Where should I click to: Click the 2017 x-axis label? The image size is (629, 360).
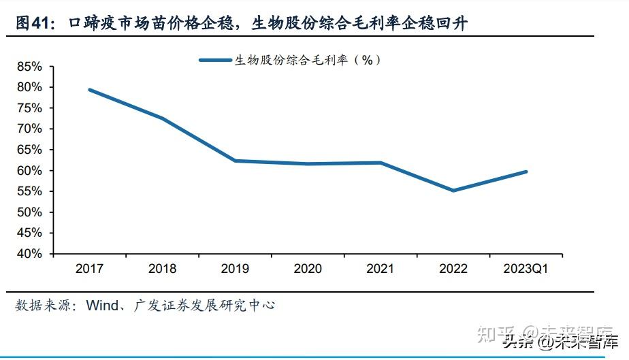point(89,269)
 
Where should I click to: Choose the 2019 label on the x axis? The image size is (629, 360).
point(235,269)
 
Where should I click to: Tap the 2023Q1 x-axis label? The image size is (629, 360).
point(525,269)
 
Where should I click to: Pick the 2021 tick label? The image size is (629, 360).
point(380,269)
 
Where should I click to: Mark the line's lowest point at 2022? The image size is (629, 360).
point(453,191)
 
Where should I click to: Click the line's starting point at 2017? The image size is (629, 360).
point(90,89)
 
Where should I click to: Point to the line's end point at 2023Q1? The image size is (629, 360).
point(526,171)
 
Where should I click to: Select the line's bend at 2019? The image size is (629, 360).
point(235,161)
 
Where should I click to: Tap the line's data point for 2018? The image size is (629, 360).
point(163,118)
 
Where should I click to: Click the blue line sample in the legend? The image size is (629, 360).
point(215,60)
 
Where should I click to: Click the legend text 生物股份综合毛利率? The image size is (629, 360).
point(291,60)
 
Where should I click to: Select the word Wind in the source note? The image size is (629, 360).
point(102,306)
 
